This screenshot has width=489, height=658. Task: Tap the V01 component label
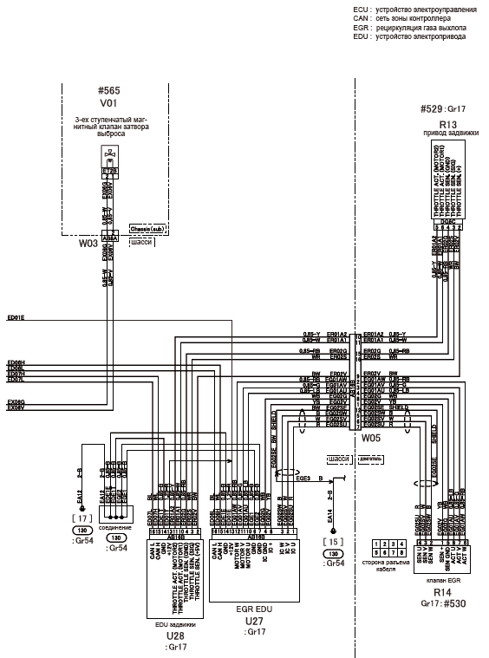110,101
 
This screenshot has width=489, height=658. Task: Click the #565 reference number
110,90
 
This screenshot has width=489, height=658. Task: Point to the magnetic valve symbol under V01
110,159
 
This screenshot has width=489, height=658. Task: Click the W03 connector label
88,244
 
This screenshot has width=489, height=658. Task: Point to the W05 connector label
371,439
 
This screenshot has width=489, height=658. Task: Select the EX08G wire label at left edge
16,401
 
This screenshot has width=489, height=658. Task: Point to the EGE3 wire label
303,477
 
